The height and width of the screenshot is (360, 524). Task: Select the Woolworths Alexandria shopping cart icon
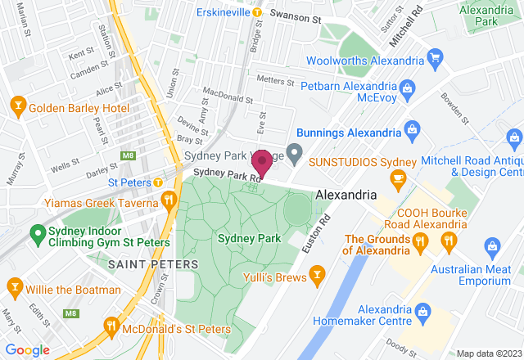436,59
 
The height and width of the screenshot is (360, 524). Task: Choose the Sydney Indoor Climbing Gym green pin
37,233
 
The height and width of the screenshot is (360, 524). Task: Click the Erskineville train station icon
257,12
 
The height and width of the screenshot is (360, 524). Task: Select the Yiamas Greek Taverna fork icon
169,199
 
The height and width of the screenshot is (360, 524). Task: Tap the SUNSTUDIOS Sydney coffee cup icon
399,179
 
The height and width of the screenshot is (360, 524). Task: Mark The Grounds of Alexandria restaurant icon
419,241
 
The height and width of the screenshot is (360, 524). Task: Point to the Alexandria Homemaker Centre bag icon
422,309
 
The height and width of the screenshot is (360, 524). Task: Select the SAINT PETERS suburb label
153,264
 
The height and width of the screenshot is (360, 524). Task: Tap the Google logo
29,350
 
